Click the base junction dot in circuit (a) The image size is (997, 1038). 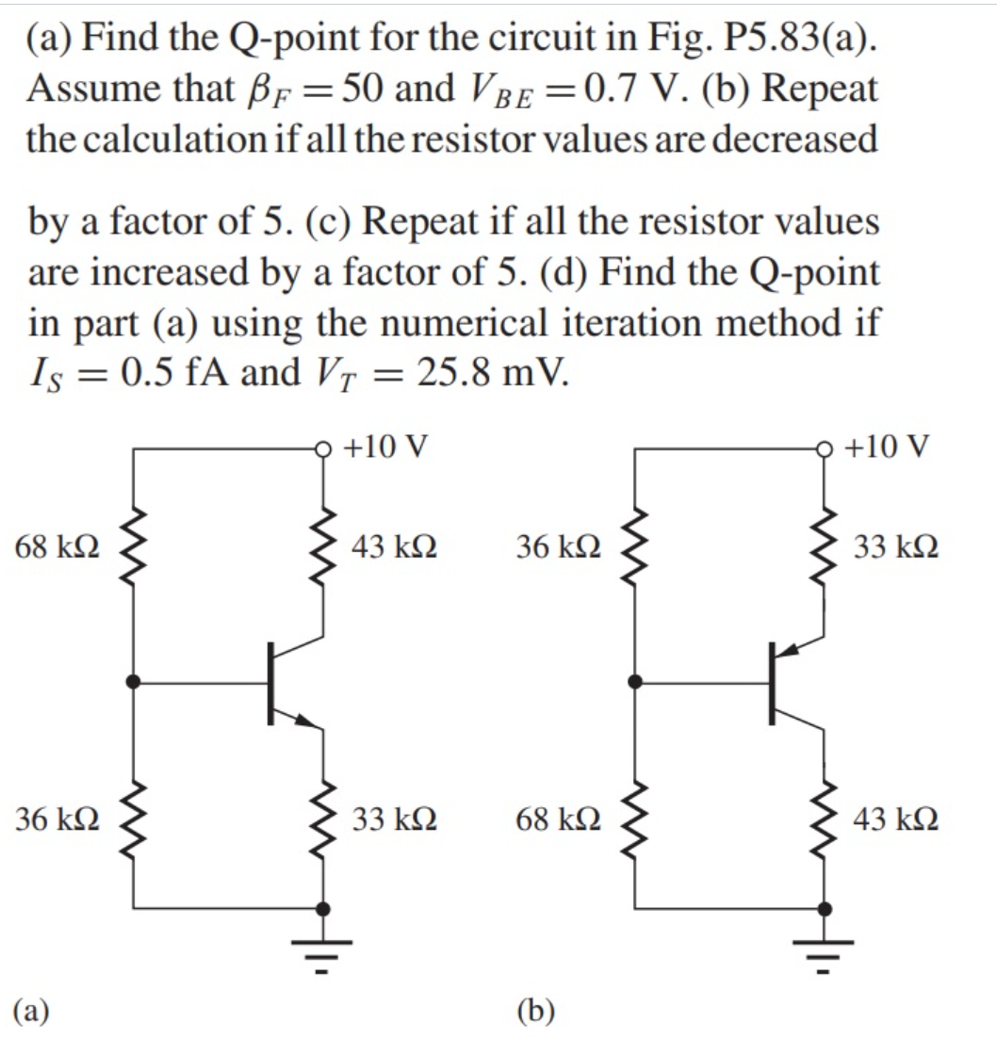[133, 681]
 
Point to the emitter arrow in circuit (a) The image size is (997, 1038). [304, 721]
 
